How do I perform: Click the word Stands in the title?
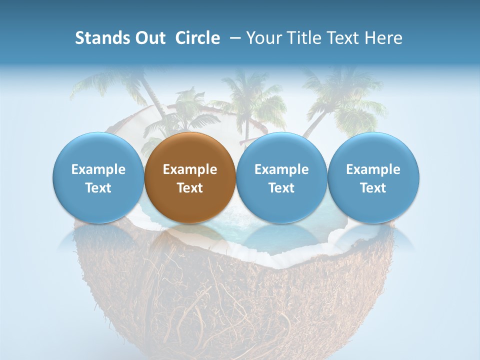click(99, 38)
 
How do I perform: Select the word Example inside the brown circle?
click(190, 169)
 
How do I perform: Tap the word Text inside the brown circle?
click(190, 188)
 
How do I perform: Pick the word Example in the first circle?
click(98, 169)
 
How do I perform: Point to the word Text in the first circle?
click(98, 188)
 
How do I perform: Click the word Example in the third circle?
click(281, 169)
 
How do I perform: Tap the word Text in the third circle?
click(281, 188)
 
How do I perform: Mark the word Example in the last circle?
click(373, 169)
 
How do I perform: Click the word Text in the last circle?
click(373, 188)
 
